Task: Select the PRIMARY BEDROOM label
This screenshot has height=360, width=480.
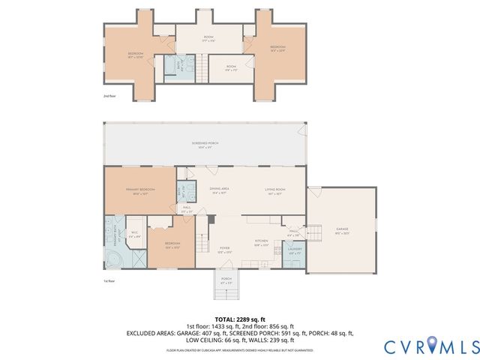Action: click(x=139, y=190)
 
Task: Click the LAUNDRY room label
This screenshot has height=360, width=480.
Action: click(x=295, y=250)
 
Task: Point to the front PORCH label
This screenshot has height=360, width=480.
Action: click(x=226, y=280)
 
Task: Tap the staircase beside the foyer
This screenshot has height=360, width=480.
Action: click(x=202, y=244)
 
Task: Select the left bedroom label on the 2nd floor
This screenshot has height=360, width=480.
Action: click(x=135, y=55)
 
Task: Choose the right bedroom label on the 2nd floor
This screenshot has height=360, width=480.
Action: click(x=277, y=48)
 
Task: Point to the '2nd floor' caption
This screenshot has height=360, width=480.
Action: click(x=111, y=96)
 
